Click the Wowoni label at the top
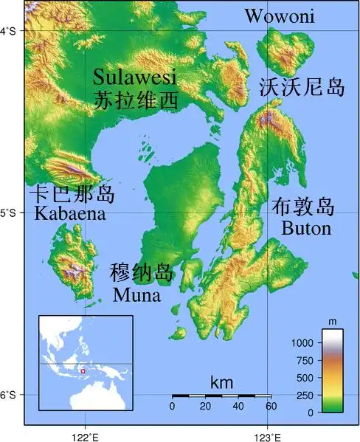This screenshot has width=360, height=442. pos(280,15)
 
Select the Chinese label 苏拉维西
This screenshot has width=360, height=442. pos(136,100)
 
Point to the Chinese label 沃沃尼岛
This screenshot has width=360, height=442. pos(302,89)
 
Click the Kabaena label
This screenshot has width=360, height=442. pos(69,214)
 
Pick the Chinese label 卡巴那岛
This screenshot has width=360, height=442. pos(72,194)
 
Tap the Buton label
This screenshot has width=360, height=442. pos(306,228)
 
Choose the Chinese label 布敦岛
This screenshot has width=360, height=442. pos(303,206)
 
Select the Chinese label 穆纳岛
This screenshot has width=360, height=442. pos(142,272)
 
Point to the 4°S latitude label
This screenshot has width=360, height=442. pos(12,31)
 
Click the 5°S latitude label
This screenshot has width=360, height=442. pos(12,213)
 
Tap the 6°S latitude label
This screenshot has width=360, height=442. pos(12,396)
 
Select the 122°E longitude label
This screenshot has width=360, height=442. pos(85,435)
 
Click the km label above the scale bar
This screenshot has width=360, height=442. pos(221,383)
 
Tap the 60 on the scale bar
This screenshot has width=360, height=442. pos(271,407)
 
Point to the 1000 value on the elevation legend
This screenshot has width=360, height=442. pos(302,343)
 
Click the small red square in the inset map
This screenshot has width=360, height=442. pos(83,370)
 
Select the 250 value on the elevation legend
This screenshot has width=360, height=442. pos(305,395)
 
